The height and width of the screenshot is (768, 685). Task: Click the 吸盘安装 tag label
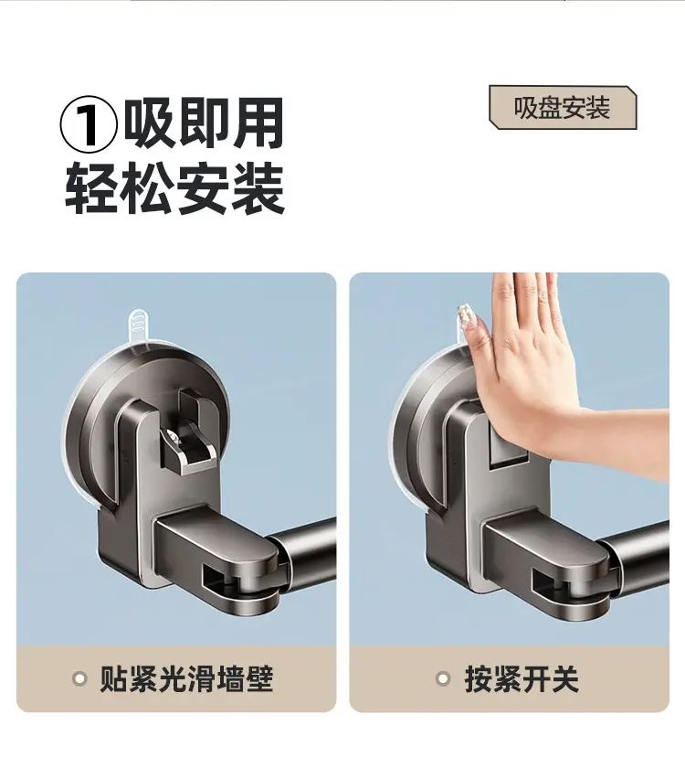coord(563,108)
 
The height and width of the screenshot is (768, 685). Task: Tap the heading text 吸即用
coord(204,123)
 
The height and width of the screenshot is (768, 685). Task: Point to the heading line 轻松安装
coord(175,189)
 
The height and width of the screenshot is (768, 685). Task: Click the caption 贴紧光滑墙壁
coord(186,678)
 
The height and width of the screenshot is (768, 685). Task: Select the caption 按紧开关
coord(522,678)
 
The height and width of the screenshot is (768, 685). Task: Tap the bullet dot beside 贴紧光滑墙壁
coord(79,678)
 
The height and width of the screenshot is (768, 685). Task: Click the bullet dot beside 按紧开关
coord(443,678)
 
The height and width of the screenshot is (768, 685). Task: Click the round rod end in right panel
coord(635,545)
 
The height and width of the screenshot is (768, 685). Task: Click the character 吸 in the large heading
coord(150,123)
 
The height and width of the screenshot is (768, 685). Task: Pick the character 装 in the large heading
coord(258,189)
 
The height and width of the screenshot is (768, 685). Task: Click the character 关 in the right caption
coord(565,678)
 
